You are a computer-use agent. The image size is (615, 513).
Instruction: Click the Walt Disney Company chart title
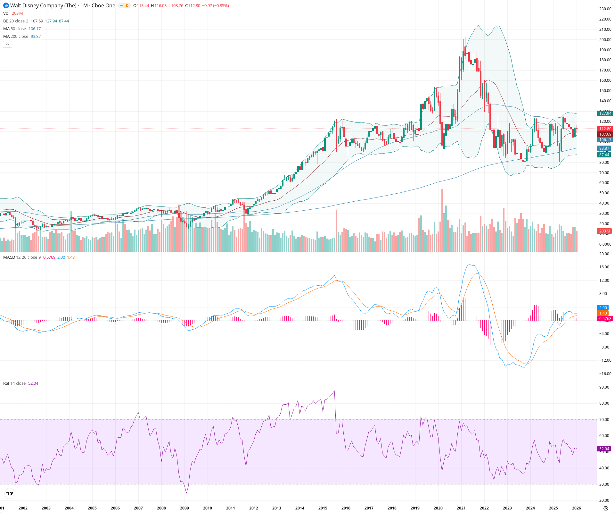(x=62, y=5)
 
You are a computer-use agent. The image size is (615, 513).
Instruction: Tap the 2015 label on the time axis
(x=323, y=508)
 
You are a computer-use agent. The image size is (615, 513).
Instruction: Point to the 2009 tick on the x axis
(x=184, y=508)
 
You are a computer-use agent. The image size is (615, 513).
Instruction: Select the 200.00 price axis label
(x=605, y=40)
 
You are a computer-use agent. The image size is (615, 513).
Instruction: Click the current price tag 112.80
(x=605, y=129)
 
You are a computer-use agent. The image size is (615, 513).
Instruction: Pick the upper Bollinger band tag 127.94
(x=605, y=114)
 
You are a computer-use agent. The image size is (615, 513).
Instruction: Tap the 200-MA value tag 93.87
(x=604, y=148)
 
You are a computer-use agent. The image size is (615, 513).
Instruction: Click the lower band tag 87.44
(x=604, y=155)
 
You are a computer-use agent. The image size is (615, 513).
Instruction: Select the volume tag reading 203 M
(x=604, y=231)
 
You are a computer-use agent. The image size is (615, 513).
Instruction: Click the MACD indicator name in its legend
(x=9, y=257)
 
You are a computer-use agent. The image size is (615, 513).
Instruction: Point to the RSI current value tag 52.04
(x=604, y=449)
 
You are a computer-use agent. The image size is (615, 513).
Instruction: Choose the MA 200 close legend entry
(x=16, y=37)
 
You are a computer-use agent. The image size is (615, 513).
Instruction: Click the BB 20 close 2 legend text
(x=16, y=21)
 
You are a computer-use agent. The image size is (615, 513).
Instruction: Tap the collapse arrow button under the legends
(x=7, y=45)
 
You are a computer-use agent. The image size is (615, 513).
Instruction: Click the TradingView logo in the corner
(x=10, y=493)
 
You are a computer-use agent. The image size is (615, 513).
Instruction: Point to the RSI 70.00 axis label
(x=604, y=420)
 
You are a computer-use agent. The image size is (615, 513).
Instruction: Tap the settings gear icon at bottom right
(x=605, y=508)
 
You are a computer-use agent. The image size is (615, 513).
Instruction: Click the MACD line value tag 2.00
(x=603, y=308)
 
